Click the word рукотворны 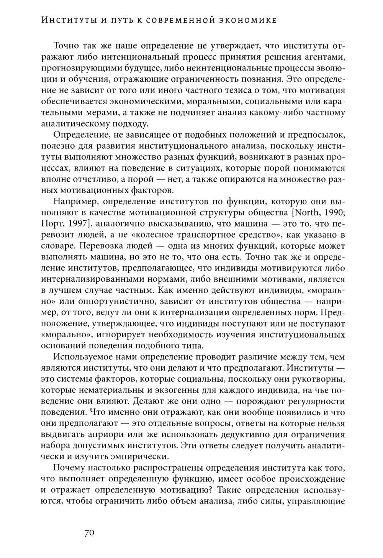tap(321, 379)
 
